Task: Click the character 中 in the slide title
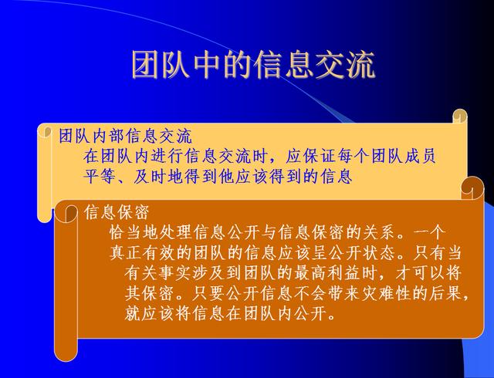[x=206, y=65]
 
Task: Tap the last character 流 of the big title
[x=361, y=65]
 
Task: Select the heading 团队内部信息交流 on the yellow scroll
[x=125, y=136]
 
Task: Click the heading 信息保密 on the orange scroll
[x=117, y=211]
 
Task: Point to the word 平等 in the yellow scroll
[x=100, y=175]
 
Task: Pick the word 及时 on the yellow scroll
[x=151, y=175]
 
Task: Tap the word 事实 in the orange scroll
[x=175, y=273]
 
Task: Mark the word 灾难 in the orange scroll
[x=378, y=293]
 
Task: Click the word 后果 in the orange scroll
[x=446, y=293]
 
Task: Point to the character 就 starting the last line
[x=133, y=313]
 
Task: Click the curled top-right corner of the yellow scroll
[x=460, y=116]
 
